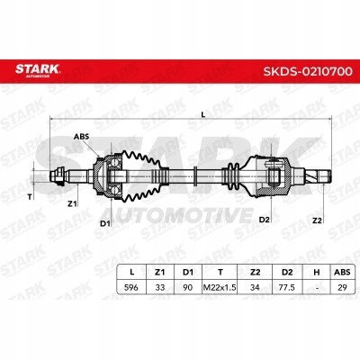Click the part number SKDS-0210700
(x=308, y=71)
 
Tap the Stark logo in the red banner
(x=38, y=70)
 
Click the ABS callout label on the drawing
(x=81, y=137)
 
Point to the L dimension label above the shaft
(x=203, y=114)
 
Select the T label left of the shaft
(x=30, y=197)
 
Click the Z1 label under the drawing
(x=72, y=204)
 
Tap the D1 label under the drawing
(x=105, y=223)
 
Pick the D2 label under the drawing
(x=264, y=220)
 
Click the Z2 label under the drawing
(x=317, y=220)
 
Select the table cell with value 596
(x=131, y=287)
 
